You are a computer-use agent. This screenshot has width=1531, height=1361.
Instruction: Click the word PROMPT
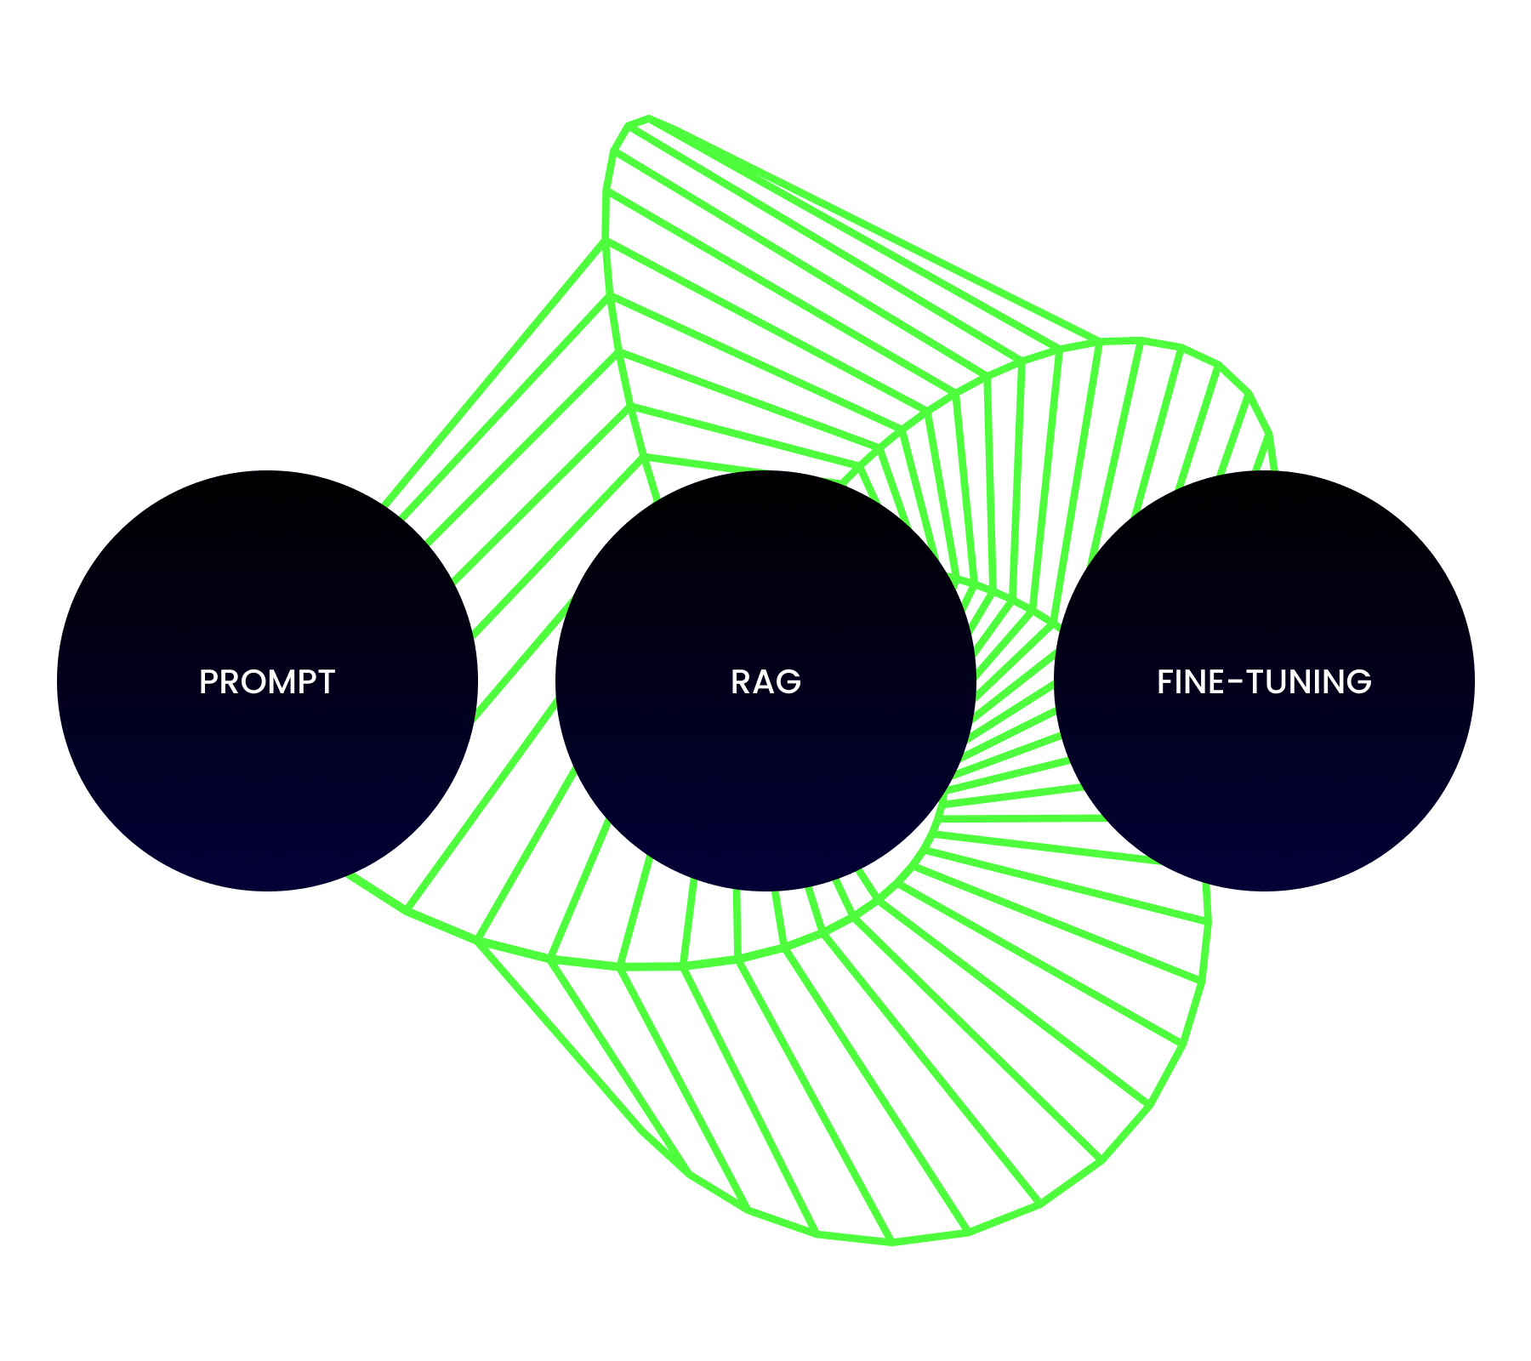267,681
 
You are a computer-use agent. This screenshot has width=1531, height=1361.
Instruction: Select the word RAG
765,681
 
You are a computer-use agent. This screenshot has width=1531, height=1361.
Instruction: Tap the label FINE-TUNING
1264,681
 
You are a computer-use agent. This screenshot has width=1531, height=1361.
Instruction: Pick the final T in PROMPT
325,681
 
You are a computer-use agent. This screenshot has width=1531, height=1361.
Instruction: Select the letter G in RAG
788,681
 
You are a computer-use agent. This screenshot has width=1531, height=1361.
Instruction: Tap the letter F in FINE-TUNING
1165,681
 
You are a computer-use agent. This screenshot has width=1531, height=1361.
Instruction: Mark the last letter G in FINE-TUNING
1359,681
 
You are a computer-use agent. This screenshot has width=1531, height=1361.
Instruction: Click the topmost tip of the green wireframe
648,117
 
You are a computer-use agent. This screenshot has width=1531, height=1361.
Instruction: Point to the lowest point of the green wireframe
893,1244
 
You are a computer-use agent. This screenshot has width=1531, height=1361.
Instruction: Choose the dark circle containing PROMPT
267,680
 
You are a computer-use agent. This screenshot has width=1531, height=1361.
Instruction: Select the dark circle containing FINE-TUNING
1264,680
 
